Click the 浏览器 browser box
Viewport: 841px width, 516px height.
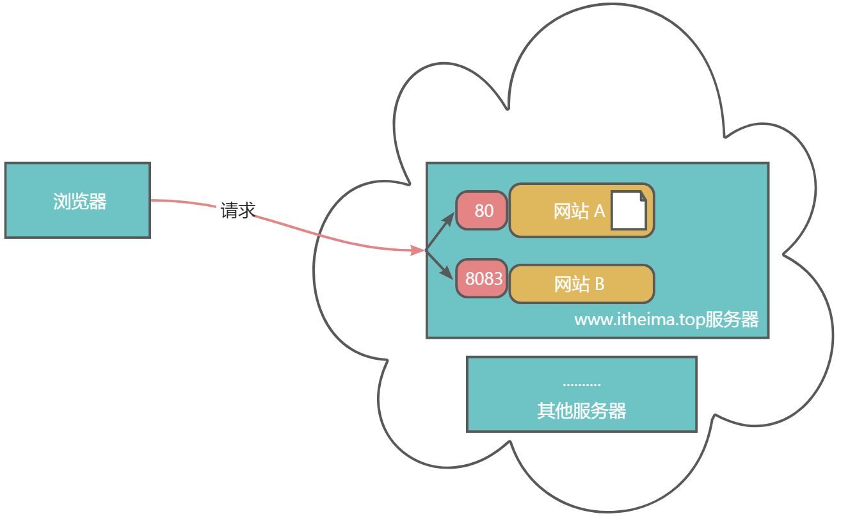tap(77, 200)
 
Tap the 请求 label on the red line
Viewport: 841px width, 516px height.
tap(238, 211)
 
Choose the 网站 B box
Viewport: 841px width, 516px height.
tap(581, 284)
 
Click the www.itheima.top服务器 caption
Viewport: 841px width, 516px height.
tap(666, 319)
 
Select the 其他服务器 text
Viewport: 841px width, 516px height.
tap(581, 410)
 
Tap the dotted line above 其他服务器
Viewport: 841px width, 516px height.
tap(581, 385)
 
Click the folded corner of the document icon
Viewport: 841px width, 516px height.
tap(641, 196)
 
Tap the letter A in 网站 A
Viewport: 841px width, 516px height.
tap(599, 211)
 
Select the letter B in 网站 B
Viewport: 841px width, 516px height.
tap(599, 284)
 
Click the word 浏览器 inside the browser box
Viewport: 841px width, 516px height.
tap(79, 202)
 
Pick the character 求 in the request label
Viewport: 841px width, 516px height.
tap(247, 211)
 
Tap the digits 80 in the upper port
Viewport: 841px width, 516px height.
tap(484, 211)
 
